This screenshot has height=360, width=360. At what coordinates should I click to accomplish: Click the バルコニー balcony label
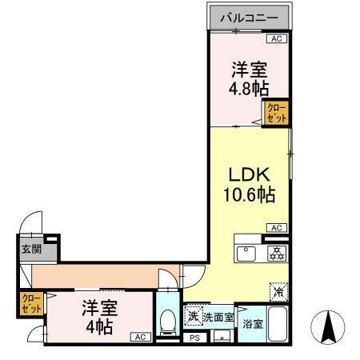click(x=249, y=17)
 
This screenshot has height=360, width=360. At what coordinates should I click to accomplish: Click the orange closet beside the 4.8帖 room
click(x=276, y=112)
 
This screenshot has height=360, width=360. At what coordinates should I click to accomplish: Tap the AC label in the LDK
click(x=276, y=228)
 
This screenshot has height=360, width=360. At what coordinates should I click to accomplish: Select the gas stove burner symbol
click(x=276, y=254)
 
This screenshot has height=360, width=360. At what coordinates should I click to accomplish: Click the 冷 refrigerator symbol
click(x=278, y=292)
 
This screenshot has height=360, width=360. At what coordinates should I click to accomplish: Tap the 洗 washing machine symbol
click(x=193, y=317)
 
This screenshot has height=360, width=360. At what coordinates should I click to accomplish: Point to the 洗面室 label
click(x=218, y=318)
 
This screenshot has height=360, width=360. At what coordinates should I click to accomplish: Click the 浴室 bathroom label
click(x=252, y=325)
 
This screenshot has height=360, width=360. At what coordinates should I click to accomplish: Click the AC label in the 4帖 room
click(x=139, y=337)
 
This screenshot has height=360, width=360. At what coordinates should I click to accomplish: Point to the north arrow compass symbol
click(x=328, y=328)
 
